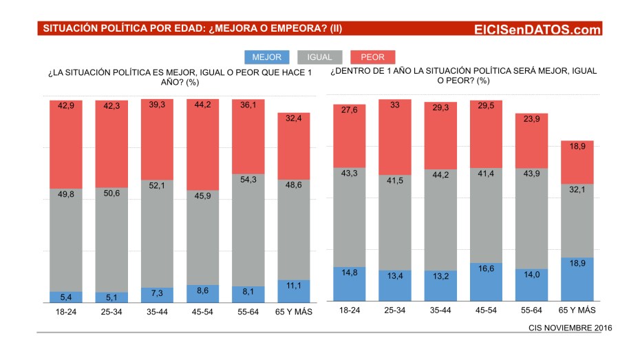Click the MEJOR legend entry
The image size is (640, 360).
[266, 57]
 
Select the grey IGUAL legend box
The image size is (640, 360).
[319, 57]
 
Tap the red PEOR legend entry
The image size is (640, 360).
[372, 57]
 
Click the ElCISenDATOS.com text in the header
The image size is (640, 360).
[537, 29]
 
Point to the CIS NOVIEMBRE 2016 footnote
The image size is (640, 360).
[570, 327]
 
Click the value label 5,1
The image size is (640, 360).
[111, 297]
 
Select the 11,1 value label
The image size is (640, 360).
[294, 286]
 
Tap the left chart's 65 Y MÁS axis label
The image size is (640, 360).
[294, 312]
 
